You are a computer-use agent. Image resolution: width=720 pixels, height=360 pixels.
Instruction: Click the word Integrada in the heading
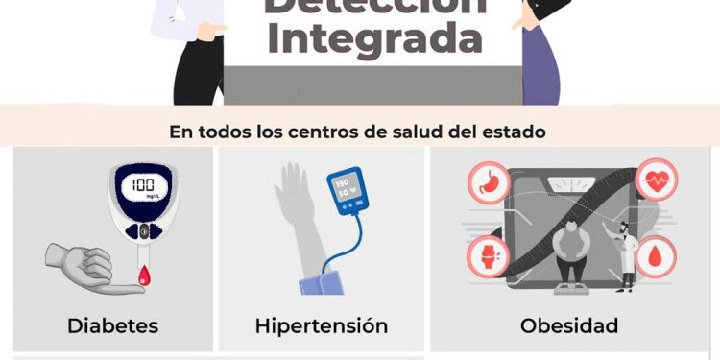point(374,39)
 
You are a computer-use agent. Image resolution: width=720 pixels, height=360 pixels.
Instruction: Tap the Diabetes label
point(112,325)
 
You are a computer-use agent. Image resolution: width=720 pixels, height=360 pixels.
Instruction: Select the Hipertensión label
point(322,325)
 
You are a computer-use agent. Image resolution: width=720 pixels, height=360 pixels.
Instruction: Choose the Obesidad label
point(569,325)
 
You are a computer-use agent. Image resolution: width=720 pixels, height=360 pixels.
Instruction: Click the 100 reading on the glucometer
point(143,184)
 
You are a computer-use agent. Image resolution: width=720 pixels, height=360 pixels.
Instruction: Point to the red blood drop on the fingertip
point(144,276)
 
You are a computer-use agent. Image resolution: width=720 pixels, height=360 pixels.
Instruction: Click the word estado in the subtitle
point(516,132)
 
